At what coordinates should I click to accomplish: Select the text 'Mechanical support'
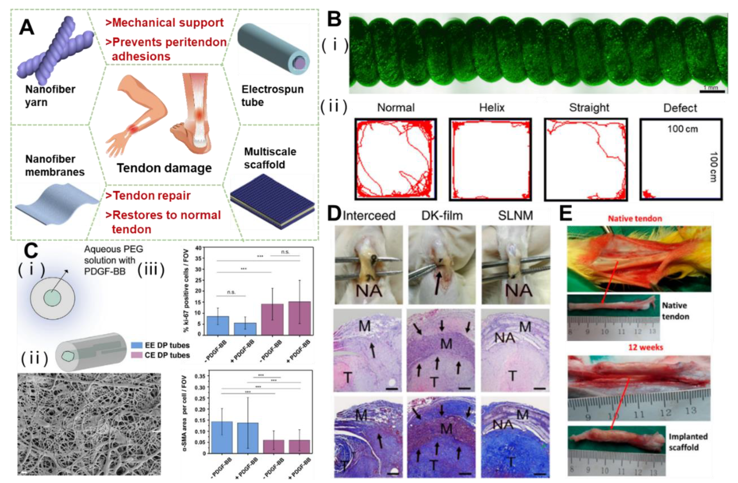168,23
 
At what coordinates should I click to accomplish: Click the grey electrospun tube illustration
273,50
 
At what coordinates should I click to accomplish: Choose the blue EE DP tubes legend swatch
137,345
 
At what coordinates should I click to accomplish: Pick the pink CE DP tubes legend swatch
137,355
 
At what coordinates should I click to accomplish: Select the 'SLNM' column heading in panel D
515,216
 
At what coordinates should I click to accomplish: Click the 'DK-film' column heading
442,216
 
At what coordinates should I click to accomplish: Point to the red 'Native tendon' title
635,219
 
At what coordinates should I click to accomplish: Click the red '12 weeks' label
645,347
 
